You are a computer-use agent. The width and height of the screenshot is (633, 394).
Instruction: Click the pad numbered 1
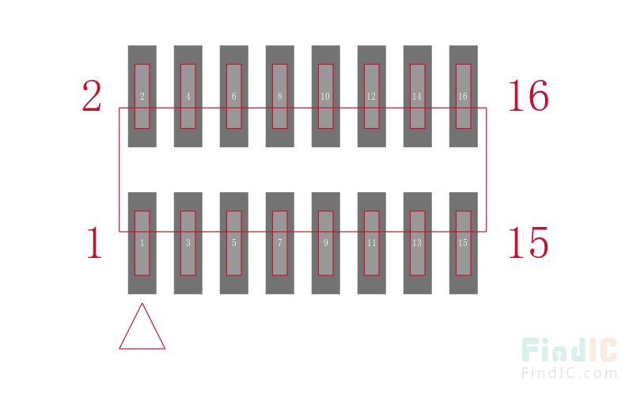(x=142, y=243)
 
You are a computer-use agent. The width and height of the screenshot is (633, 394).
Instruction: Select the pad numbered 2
(x=142, y=96)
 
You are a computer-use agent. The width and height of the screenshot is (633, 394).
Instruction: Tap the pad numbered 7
(x=280, y=243)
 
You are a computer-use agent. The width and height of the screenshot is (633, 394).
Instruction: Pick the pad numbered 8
(x=280, y=96)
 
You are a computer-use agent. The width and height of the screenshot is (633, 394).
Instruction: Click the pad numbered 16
(x=464, y=96)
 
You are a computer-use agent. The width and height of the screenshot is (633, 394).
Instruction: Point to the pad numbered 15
(x=464, y=243)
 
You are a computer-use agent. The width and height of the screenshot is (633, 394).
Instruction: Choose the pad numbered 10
(x=326, y=96)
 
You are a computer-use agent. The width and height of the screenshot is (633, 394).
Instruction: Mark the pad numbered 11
(x=372, y=243)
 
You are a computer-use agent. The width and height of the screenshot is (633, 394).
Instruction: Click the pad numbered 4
(x=188, y=96)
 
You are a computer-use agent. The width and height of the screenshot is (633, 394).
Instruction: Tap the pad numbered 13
(x=418, y=243)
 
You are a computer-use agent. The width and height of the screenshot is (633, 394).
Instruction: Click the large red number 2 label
(x=92, y=96)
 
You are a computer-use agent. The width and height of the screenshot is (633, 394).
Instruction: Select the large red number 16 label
(x=529, y=96)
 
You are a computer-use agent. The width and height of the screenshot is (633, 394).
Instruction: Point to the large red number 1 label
(x=95, y=242)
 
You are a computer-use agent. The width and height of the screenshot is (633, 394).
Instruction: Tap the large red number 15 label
(x=529, y=242)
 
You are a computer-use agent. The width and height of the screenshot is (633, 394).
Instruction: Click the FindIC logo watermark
(x=570, y=350)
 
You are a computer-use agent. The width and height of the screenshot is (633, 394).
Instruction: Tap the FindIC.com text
(x=570, y=373)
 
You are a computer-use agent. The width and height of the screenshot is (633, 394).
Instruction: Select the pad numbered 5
(x=234, y=243)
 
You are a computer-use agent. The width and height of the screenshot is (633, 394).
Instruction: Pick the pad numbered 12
(x=372, y=96)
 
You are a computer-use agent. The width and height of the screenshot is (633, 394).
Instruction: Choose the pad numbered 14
(x=418, y=96)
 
